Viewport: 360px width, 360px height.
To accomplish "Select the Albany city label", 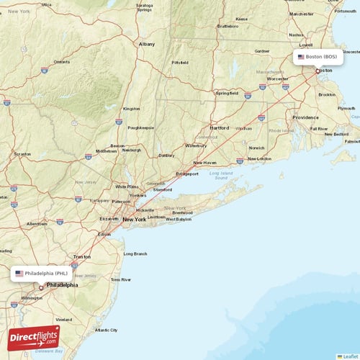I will tap(147, 44).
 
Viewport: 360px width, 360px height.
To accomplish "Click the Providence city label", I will tap(305, 117).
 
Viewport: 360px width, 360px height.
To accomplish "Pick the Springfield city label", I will tap(228, 93).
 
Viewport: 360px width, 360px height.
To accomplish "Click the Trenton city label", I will tap(82, 256).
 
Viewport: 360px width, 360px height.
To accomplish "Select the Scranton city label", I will tap(22, 154).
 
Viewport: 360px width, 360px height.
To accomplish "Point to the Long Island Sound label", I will tap(222, 175).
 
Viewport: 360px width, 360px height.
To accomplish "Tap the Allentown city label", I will tap(37, 224).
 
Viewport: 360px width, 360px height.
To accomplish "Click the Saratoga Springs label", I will tap(144, 8).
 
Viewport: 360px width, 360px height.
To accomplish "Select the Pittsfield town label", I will tap(179, 63).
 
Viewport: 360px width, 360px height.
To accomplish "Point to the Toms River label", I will tap(121, 279).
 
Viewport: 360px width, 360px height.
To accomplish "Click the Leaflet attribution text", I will tap(352, 356).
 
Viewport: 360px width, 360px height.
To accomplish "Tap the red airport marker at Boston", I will tap(318, 71).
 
